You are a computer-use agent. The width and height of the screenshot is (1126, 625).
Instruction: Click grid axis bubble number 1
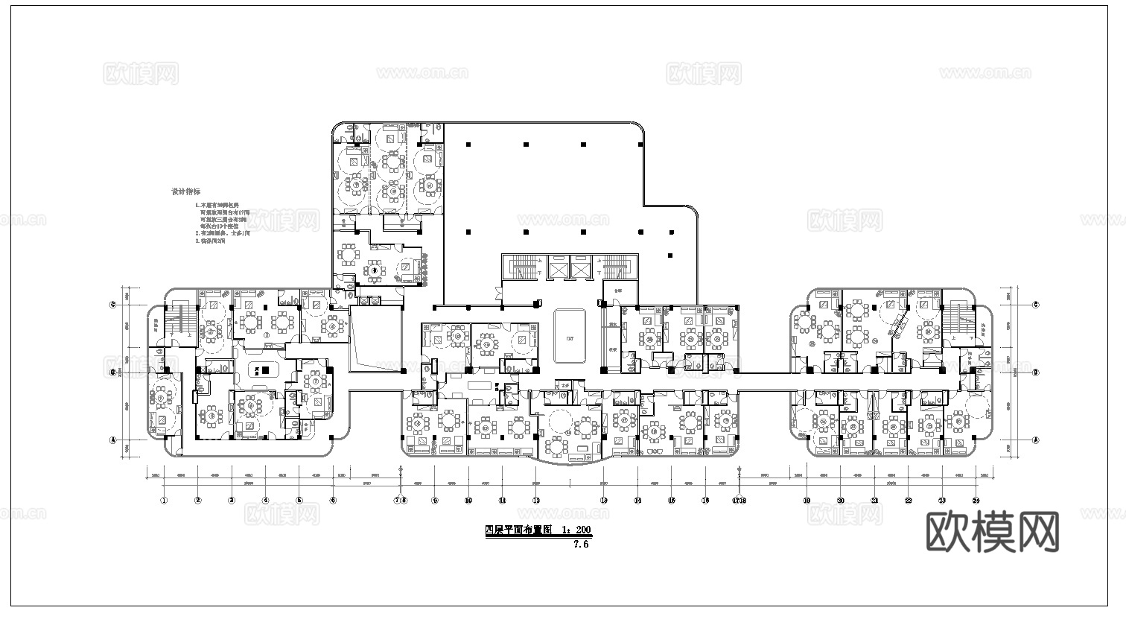tap(163, 501)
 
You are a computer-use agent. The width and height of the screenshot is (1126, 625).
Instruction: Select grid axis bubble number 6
tap(333, 501)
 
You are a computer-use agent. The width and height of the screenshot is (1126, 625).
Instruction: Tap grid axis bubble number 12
tap(536, 501)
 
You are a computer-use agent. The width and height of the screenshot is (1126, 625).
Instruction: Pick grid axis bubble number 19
tap(807, 501)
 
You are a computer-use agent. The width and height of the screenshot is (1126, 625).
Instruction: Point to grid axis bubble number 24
tap(976, 501)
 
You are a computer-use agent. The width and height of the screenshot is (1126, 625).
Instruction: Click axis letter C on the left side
tap(113, 305)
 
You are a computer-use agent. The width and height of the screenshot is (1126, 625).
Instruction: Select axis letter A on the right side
tap(1036, 440)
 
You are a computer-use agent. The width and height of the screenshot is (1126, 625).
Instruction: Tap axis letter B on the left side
tap(113, 372)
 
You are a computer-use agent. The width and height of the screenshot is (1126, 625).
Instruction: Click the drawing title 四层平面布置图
tap(518, 531)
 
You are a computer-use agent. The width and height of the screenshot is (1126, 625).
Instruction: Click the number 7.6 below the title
tap(581, 544)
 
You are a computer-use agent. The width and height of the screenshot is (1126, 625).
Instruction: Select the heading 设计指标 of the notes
tap(185, 192)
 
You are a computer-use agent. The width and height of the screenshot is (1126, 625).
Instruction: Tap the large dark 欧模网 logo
tap(993, 531)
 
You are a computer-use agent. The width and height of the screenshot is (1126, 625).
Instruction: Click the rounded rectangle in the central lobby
tap(570, 336)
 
